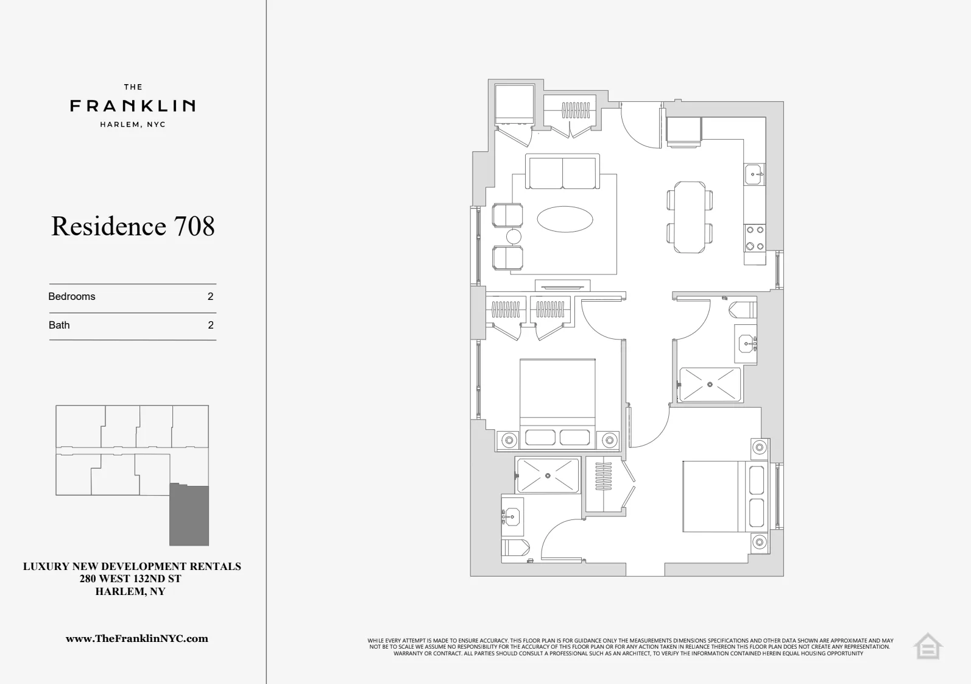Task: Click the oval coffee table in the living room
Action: (x=565, y=219)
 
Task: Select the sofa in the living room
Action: (x=562, y=173)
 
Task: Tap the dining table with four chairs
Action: (x=690, y=217)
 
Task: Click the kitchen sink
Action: (x=754, y=174)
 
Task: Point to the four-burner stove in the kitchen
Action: (x=755, y=238)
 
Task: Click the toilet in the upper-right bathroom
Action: (x=743, y=310)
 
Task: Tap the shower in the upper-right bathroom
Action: (x=710, y=385)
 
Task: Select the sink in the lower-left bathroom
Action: (x=512, y=517)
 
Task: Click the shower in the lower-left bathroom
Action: (x=548, y=476)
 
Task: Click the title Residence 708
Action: (x=133, y=226)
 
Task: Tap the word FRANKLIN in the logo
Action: (x=133, y=106)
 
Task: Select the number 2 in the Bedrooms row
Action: (x=211, y=296)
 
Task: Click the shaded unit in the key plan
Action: (x=189, y=516)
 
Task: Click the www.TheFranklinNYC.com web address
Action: (x=137, y=639)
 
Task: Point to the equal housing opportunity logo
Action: (x=928, y=646)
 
